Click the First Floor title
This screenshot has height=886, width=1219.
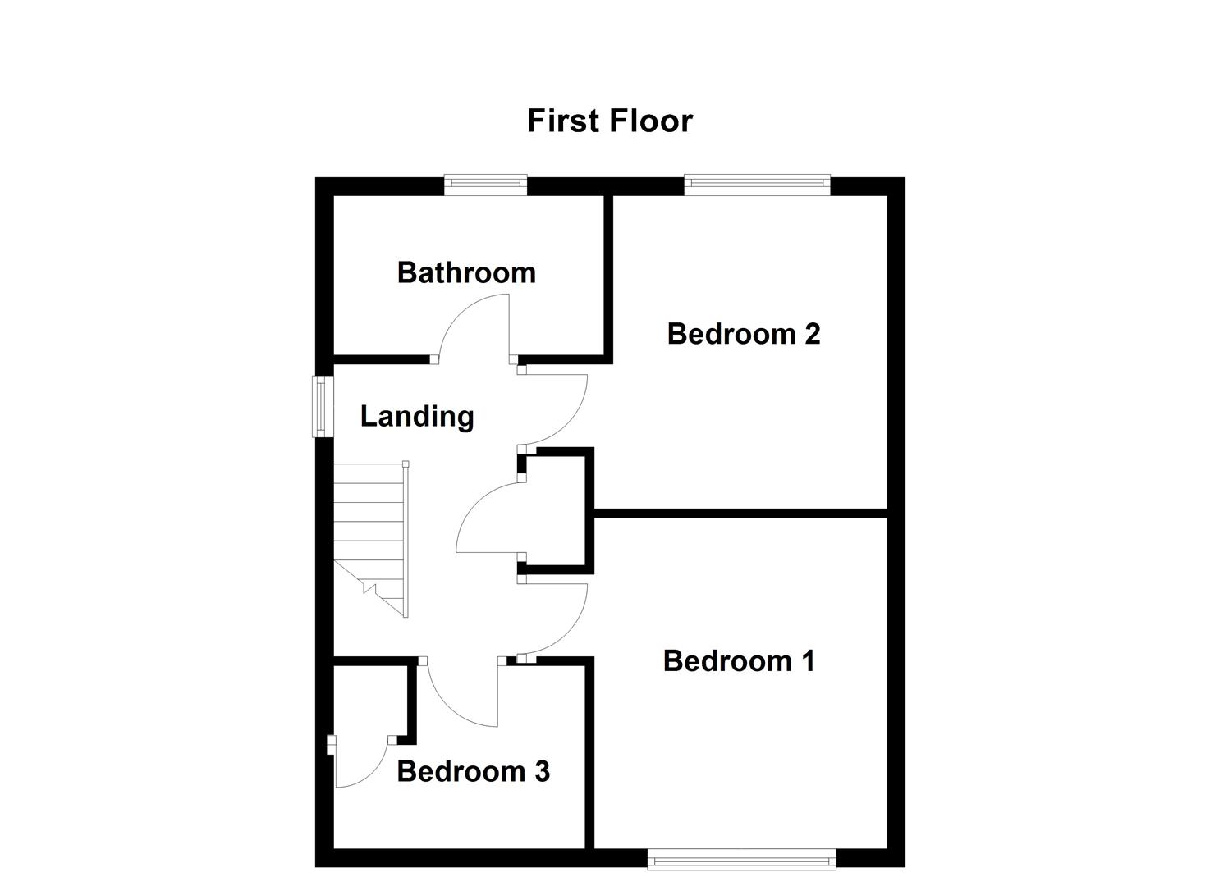point(609,121)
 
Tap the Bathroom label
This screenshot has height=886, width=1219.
point(466,272)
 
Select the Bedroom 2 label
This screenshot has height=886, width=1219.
point(744,334)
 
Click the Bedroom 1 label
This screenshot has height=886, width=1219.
point(739,661)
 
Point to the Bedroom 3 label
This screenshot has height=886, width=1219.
point(473,771)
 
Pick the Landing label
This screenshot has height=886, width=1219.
point(417,417)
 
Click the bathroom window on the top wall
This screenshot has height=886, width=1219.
point(485,185)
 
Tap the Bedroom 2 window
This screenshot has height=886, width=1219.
point(757,185)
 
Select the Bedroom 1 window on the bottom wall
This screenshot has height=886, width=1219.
point(741,860)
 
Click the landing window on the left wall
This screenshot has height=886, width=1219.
point(323,405)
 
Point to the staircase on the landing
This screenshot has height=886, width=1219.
point(369,533)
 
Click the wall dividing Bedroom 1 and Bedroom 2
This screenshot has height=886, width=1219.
point(739,513)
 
